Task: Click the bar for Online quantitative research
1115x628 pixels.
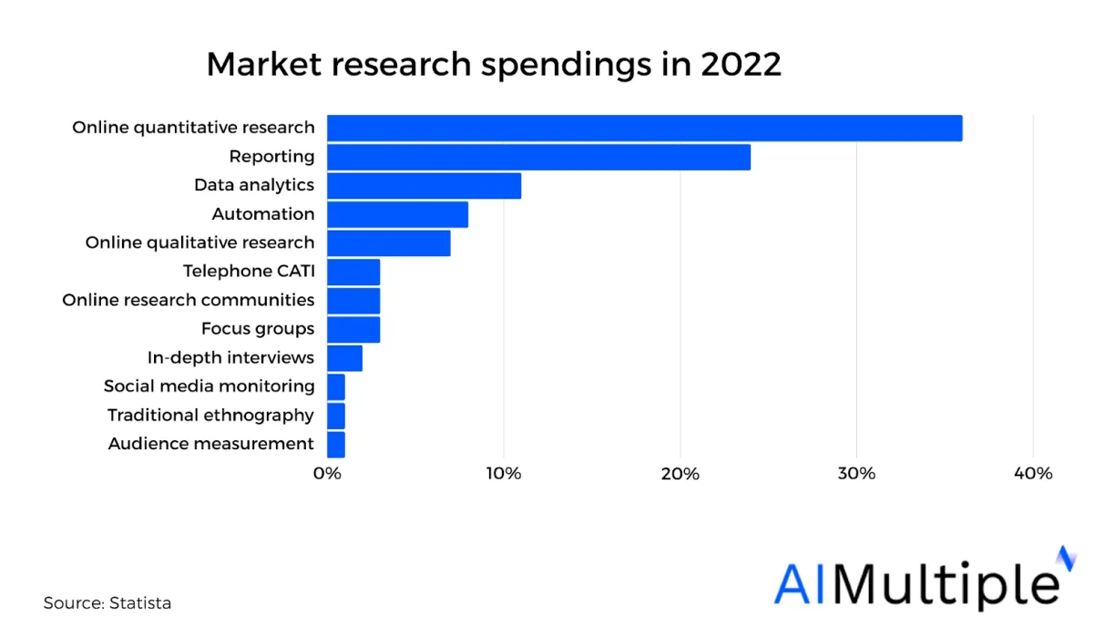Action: point(644,129)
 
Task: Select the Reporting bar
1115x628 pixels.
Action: point(538,157)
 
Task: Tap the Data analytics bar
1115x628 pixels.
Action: point(424,186)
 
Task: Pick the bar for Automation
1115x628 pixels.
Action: point(397,214)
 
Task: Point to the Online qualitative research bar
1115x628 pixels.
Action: point(388,243)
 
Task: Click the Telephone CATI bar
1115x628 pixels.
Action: point(353,272)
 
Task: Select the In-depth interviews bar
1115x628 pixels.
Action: point(344,358)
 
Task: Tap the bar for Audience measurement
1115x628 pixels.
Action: point(336,445)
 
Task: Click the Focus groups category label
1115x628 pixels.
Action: point(258,329)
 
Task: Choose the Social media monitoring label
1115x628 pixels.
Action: point(210,386)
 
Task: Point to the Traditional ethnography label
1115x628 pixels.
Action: point(210,416)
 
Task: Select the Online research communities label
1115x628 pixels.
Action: point(189,300)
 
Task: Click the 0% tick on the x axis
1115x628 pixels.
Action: point(327,474)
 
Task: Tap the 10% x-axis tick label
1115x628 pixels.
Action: point(504,474)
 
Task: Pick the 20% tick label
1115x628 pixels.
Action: point(680,474)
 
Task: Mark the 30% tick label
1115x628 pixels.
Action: point(856,474)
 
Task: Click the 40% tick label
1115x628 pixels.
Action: point(1033,474)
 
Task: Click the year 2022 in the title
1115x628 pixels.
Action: point(742,66)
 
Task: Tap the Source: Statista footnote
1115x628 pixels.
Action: point(107,603)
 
